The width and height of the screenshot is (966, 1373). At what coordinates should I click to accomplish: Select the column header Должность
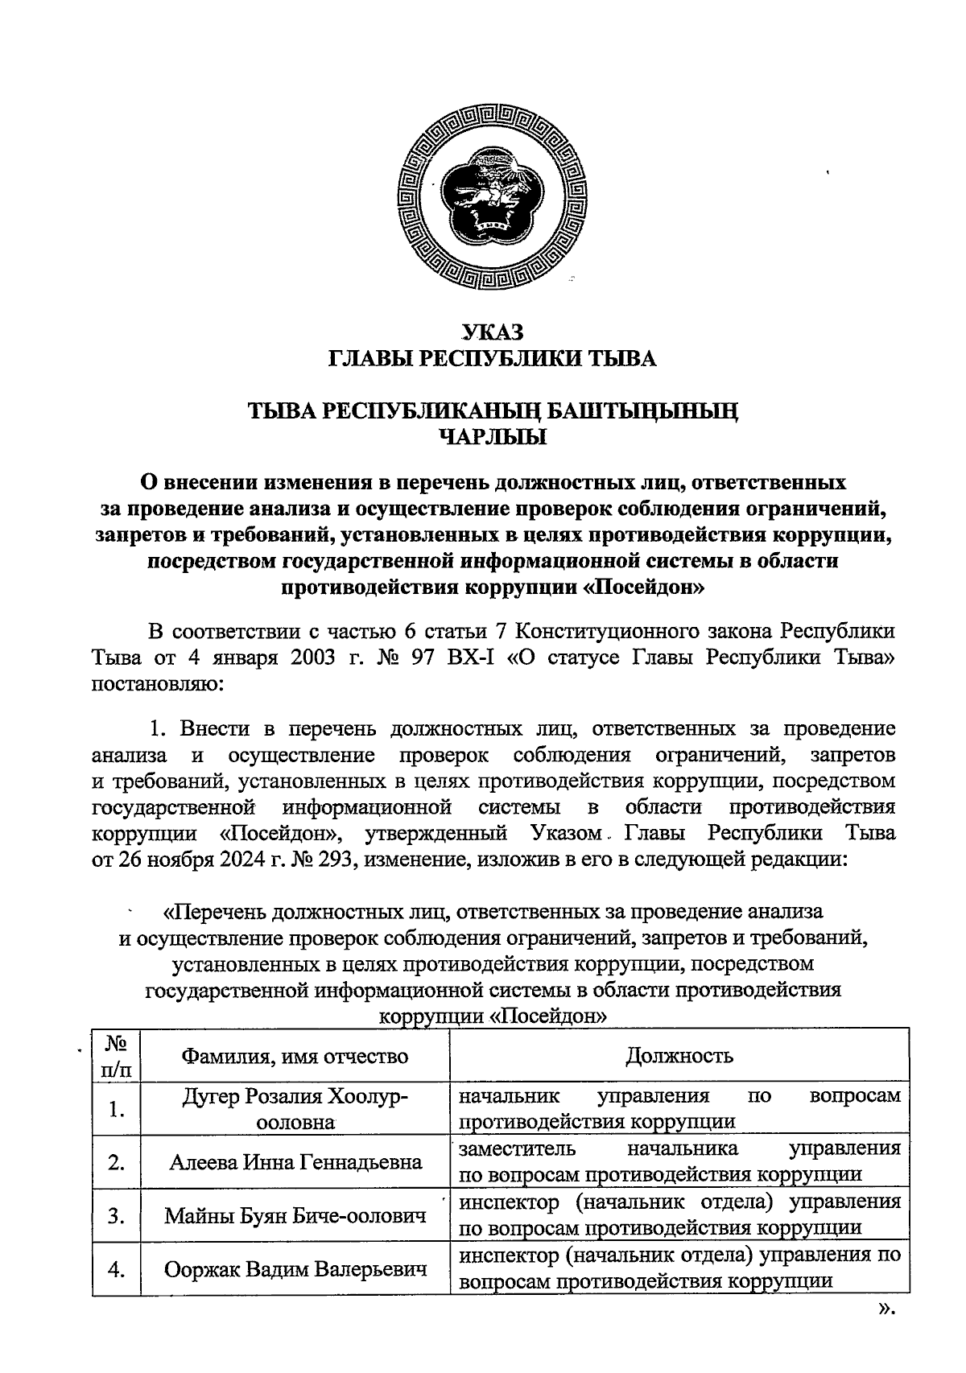coord(679,1055)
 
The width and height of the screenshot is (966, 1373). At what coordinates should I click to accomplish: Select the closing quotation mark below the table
coord(885,1309)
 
